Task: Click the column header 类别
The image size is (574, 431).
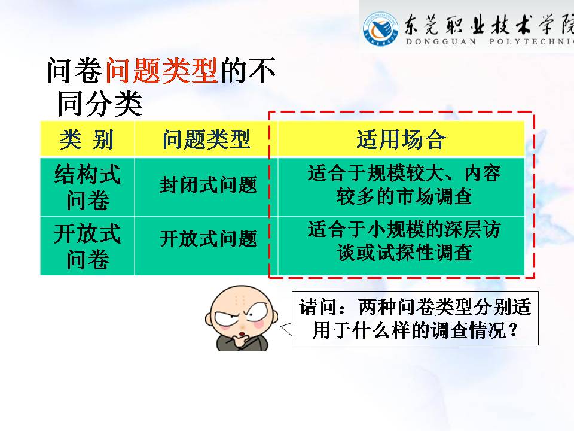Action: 87,139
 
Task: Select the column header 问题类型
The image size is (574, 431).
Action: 206,139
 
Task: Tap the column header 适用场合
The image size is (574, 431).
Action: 401,139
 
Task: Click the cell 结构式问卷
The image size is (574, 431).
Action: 87,187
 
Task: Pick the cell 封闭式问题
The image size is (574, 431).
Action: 208,185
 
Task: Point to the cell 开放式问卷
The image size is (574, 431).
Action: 87,246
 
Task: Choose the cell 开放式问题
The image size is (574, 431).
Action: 208,239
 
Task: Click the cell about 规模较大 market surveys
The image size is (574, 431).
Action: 404,185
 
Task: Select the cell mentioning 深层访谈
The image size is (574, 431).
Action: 404,241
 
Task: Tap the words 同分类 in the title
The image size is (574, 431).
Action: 100,104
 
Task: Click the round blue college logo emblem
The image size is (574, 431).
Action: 381,28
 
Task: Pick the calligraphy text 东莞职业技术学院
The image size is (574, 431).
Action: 489,25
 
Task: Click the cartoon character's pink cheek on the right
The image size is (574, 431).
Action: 258,324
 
